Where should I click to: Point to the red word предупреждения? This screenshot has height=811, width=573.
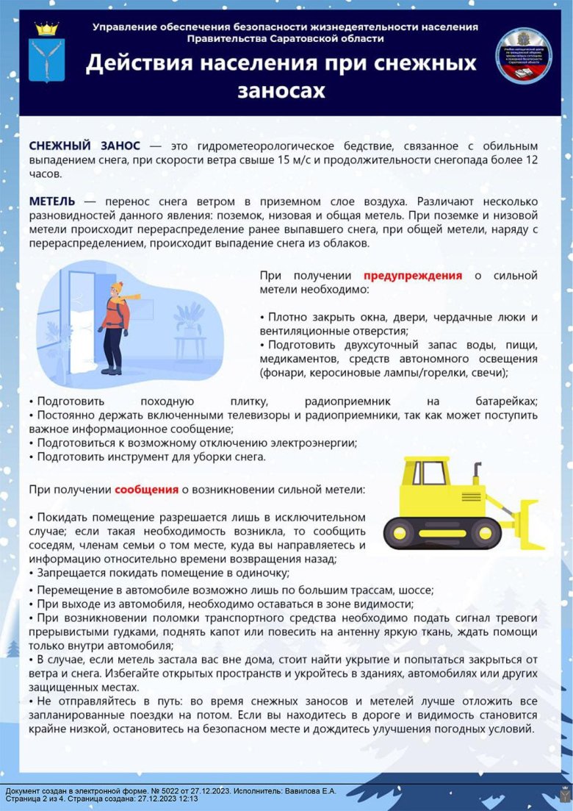[412, 276]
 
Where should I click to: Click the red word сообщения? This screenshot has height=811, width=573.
[146, 489]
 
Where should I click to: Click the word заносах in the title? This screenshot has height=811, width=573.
[281, 90]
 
